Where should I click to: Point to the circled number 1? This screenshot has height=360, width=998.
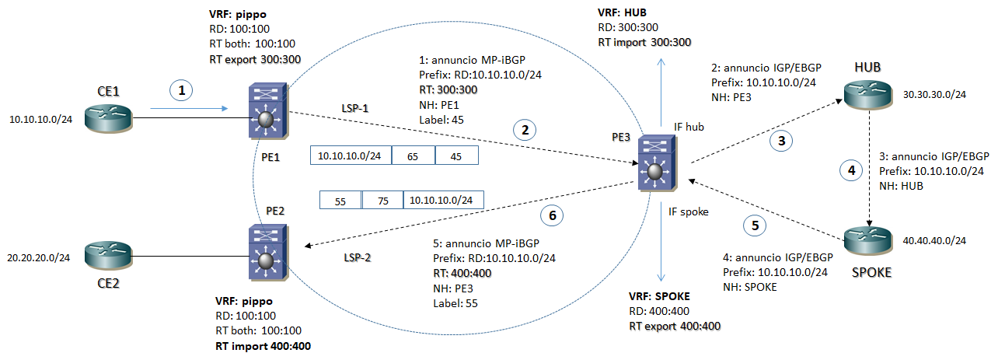pyautogui.click(x=182, y=91)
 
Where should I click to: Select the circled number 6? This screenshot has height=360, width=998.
pyautogui.click(x=553, y=215)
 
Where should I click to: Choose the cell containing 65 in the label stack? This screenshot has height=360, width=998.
pyautogui.click(x=413, y=156)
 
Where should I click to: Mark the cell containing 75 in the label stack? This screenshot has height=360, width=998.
pyautogui.click(x=382, y=200)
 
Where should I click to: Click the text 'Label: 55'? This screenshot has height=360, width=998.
pyautogui.click(x=455, y=303)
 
